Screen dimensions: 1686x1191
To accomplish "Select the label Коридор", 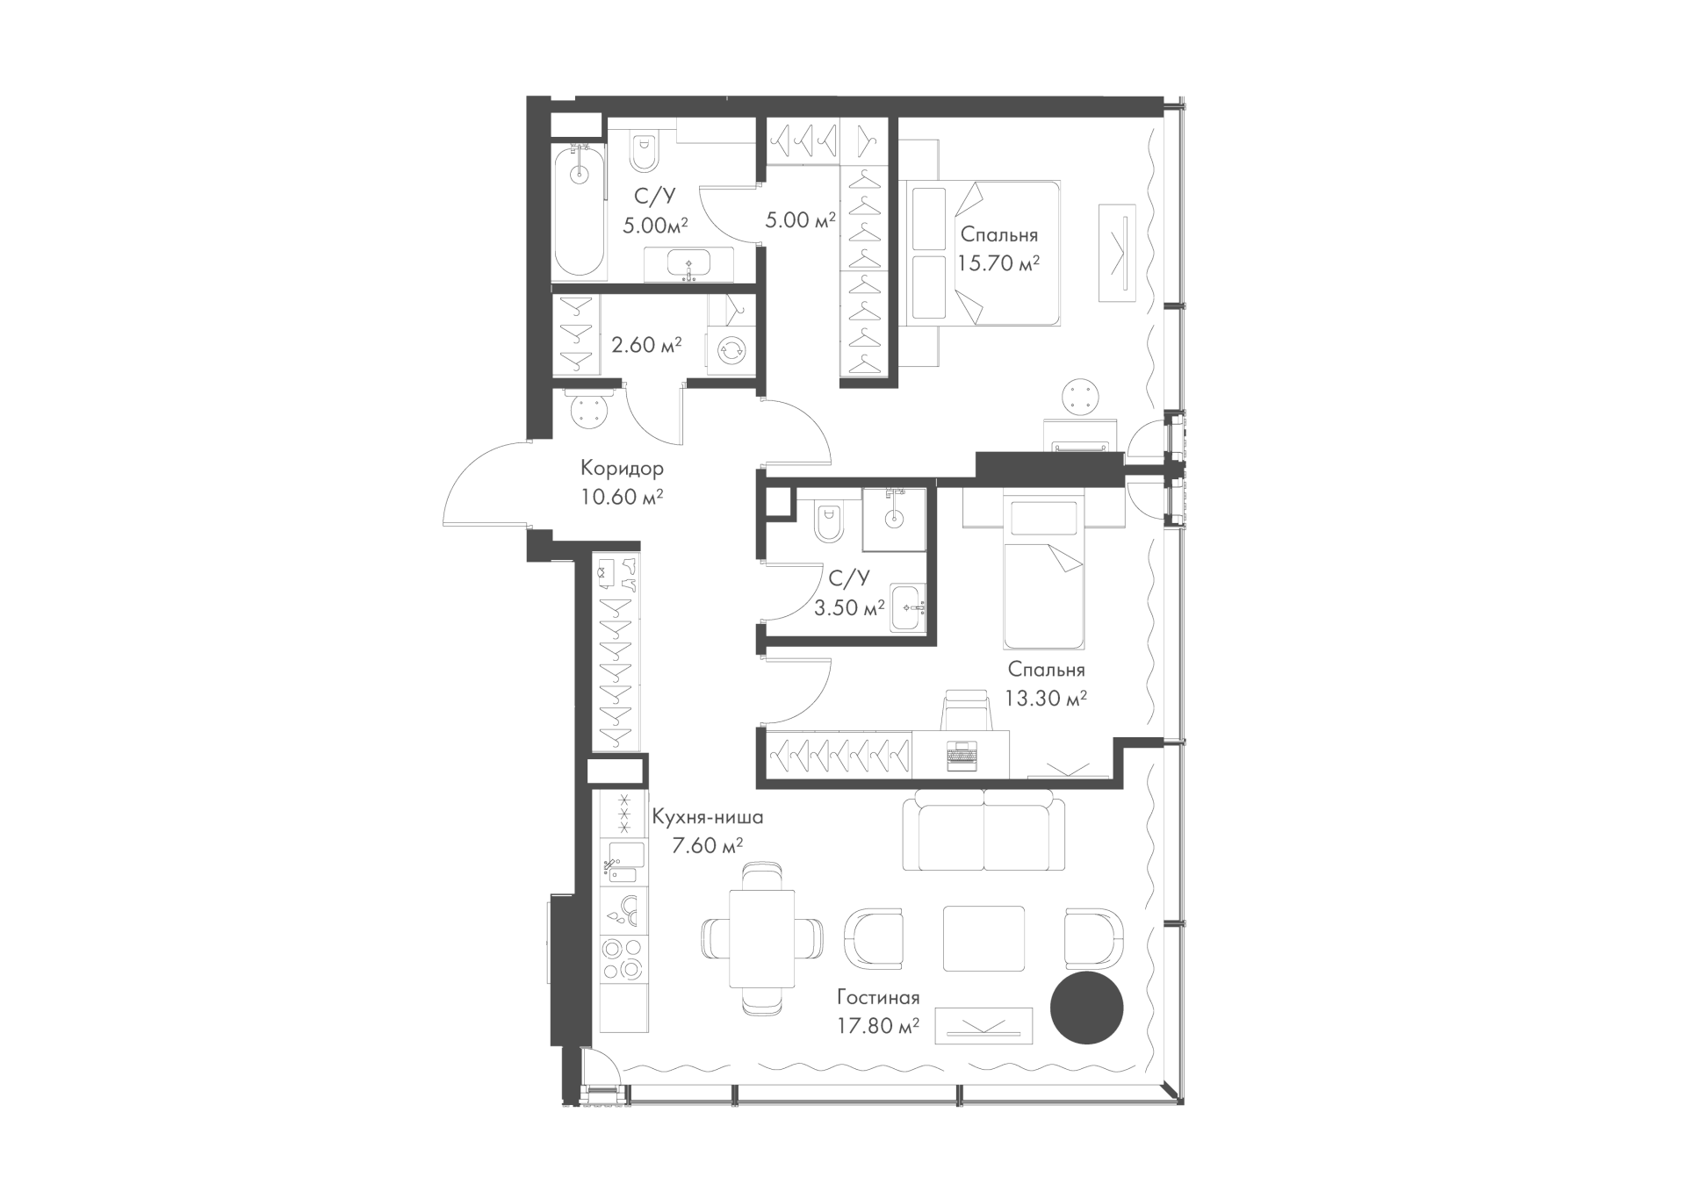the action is coord(622,468).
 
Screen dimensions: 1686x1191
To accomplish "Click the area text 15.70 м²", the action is coord(999,262).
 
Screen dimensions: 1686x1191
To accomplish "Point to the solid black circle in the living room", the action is coord(1087,1008).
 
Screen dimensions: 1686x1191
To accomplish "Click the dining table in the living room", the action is coord(761,938).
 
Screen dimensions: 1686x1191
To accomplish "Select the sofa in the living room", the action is coord(984,828).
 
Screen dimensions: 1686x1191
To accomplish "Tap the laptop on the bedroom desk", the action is coord(962,756).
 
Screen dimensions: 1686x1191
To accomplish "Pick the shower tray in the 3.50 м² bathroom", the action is coord(894,520).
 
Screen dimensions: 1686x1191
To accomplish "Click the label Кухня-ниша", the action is coord(708,817).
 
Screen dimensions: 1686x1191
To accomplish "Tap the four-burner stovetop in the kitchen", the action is coord(623,958).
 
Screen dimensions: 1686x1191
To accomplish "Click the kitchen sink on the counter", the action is coord(623,861).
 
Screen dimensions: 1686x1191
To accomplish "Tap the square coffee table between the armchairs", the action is coord(983,938).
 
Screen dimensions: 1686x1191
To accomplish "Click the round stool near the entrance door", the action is coord(589,409).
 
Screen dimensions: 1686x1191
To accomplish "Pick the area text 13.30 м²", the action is coord(1046,698).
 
